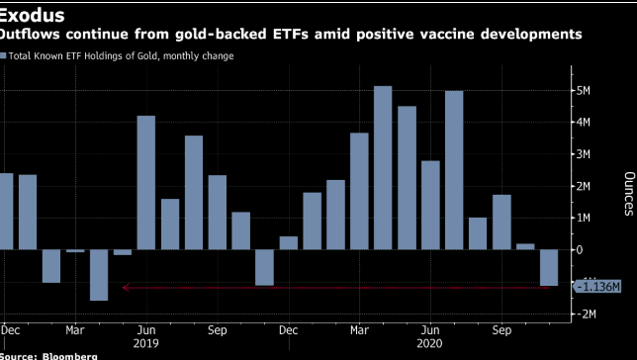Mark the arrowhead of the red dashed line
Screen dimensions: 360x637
pos(125,288)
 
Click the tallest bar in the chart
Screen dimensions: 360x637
pos(383,168)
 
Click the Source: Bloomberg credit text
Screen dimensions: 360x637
pos(49,355)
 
